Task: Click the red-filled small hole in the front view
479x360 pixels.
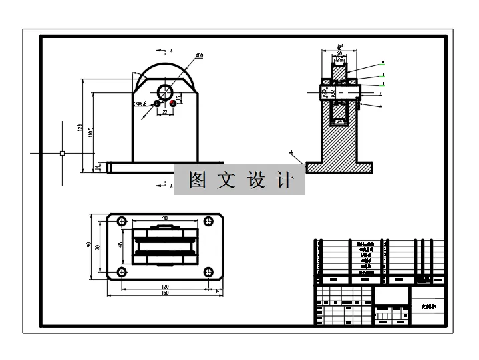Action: point(173,103)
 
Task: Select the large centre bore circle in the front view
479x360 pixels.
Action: point(165,91)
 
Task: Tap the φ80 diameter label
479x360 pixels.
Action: point(199,55)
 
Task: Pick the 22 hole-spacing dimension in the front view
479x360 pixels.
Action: point(165,112)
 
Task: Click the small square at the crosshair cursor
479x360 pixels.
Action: point(62,153)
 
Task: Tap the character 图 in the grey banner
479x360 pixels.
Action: point(196,180)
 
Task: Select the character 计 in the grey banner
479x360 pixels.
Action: point(285,180)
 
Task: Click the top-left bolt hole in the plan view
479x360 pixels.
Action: point(122,221)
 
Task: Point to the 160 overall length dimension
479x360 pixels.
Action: point(164,293)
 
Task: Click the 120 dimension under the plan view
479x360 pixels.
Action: point(164,286)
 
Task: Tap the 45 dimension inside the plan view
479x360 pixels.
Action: point(120,245)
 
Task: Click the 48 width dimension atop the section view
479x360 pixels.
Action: point(339,48)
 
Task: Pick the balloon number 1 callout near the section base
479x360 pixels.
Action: point(291,152)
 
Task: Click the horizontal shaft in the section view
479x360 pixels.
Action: point(341,92)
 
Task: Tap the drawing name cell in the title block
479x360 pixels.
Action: point(428,305)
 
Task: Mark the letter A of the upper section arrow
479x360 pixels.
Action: point(172,51)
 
